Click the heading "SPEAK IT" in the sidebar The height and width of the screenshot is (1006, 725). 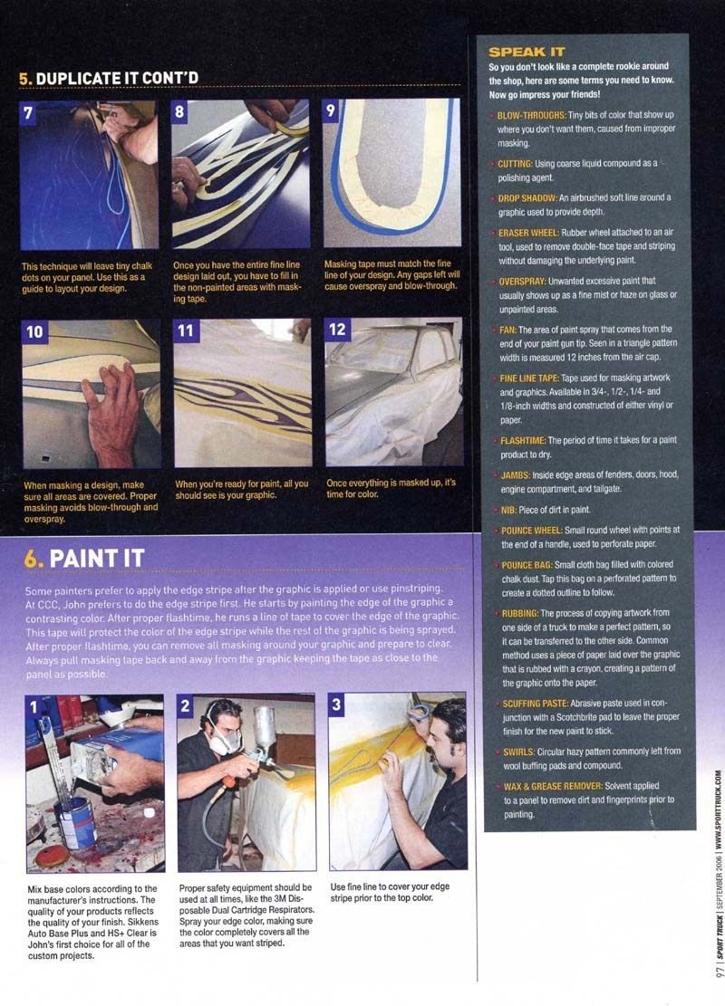point(527,52)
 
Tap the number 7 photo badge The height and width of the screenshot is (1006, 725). point(28,113)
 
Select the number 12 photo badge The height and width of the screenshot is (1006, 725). point(337,330)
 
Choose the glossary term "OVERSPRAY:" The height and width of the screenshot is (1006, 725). point(522,282)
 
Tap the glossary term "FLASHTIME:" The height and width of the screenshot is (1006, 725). point(523,441)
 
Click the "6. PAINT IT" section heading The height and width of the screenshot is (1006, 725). point(84,558)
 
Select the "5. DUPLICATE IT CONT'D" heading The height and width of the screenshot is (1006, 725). point(109,78)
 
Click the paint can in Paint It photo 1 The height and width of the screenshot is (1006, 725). point(76,825)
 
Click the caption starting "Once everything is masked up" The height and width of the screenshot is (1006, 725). point(391,488)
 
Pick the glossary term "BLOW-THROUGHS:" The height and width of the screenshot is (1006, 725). point(532,116)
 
